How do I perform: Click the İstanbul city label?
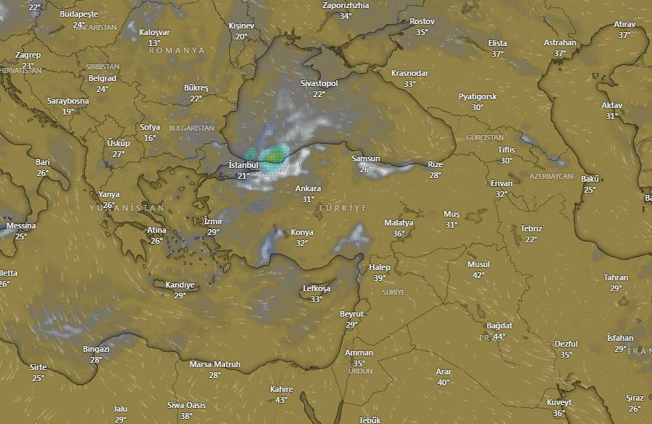(243, 165)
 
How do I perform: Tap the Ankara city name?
(308, 188)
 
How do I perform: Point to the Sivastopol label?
(319, 84)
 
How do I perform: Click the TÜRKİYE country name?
(342, 209)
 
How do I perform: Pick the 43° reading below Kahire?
(282, 399)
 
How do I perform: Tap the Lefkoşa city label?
(317, 289)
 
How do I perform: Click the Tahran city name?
(616, 277)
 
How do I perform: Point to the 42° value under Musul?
(478, 275)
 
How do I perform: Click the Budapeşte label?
(79, 14)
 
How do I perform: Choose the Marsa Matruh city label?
(214, 364)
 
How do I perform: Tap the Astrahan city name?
(559, 42)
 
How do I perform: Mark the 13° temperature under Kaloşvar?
(154, 43)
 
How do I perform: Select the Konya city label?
(302, 233)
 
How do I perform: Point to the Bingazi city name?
(96, 349)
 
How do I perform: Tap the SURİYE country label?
(393, 292)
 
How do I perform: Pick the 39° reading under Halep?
(379, 278)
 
